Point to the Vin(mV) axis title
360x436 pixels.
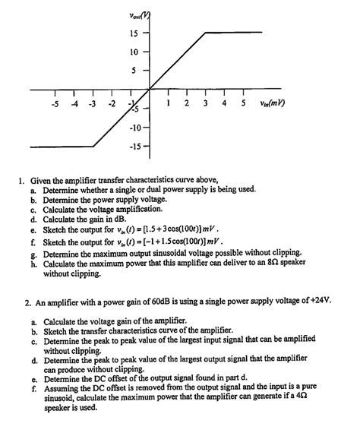pyautogui.click(x=274, y=104)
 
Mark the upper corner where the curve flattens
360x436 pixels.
pyautogui.click(x=206, y=33)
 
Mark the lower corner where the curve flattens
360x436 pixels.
pyautogui.click(x=93, y=146)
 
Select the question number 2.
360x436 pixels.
pyautogui.click(x=27, y=302)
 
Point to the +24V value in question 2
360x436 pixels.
pyautogui.click(x=318, y=302)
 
